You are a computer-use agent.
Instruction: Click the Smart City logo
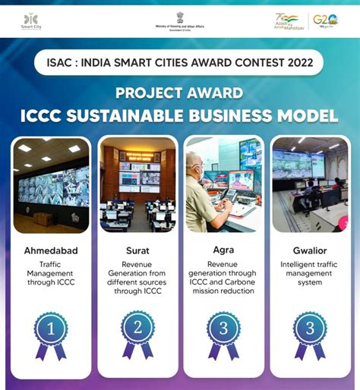31,20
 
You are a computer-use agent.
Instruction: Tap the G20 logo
325,20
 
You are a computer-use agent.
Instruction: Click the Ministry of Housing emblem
180,16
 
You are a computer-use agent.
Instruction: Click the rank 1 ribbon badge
51,333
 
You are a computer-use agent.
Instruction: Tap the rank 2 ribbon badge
137,333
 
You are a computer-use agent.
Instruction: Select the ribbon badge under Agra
224,333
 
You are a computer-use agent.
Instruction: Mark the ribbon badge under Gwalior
310,333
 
